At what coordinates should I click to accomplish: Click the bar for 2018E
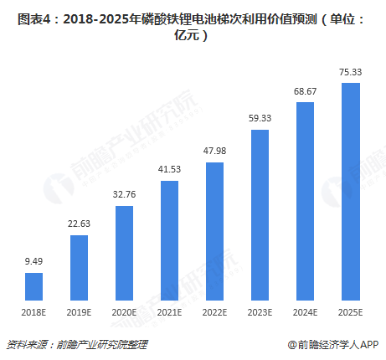pos(33,286)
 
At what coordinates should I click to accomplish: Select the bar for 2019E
pos(79,267)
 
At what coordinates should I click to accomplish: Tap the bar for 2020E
pos(124,253)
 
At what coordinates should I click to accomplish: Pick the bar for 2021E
pos(169,240)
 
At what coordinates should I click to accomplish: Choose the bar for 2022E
pos(214,231)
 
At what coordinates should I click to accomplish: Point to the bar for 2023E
pos(260,214)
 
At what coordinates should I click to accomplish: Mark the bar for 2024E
pos(305,201)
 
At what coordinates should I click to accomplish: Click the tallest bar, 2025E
pos(350,192)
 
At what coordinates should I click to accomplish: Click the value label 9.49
pos(33,260)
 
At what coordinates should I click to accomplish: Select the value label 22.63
pos(79,222)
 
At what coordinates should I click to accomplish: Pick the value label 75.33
pos(350,70)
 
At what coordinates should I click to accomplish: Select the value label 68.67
pos(305,90)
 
